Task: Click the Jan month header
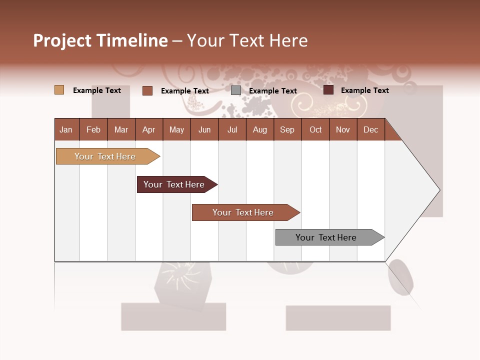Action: [66, 129]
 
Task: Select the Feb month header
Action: [93, 129]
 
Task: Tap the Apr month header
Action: [148, 129]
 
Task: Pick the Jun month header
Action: [204, 129]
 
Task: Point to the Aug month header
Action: [259, 129]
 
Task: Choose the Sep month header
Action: [287, 129]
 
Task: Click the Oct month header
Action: [315, 129]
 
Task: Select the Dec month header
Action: [370, 129]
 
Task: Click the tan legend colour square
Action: [59, 90]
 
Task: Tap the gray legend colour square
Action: [236, 90]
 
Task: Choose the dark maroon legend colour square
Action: [328, 90]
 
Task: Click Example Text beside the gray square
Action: [273, 91]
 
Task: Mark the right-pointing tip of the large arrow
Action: [439, 190]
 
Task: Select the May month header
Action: [176, 129]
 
